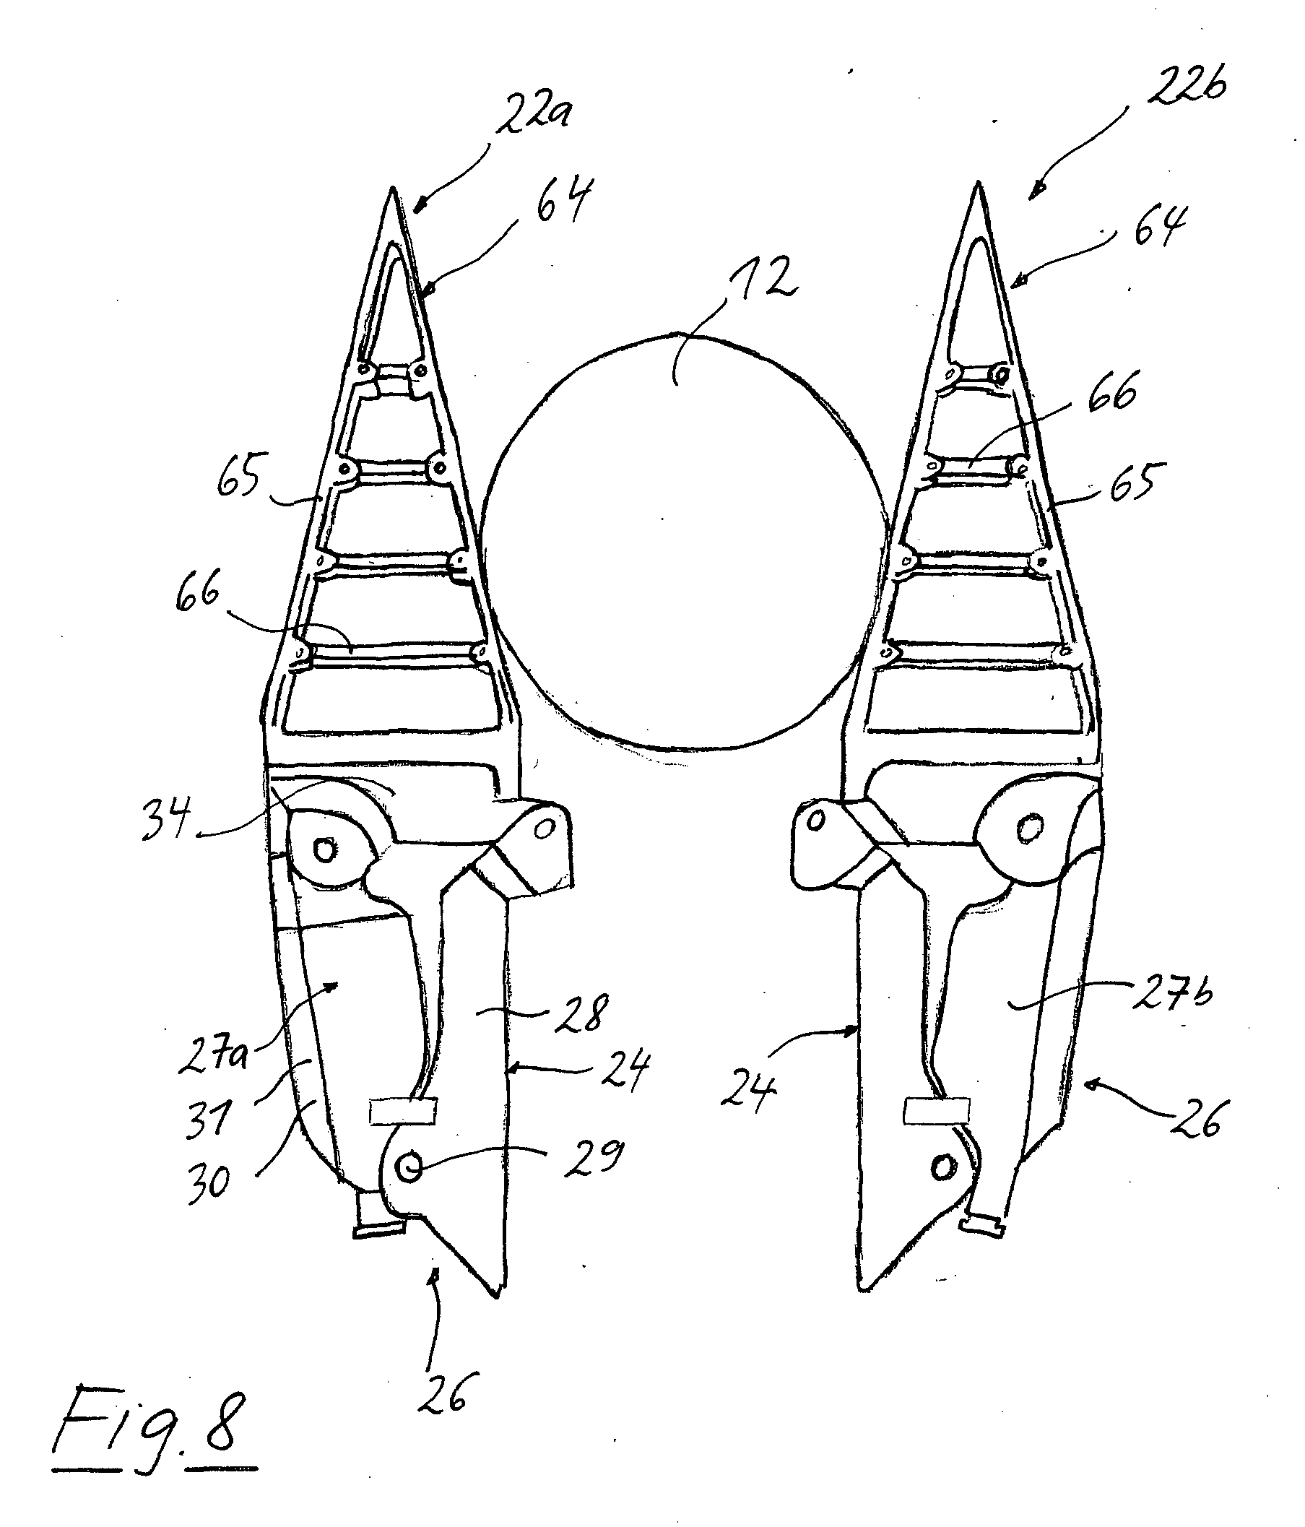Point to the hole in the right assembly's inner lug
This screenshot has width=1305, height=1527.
pyautogui.click(x=815, y=821)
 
